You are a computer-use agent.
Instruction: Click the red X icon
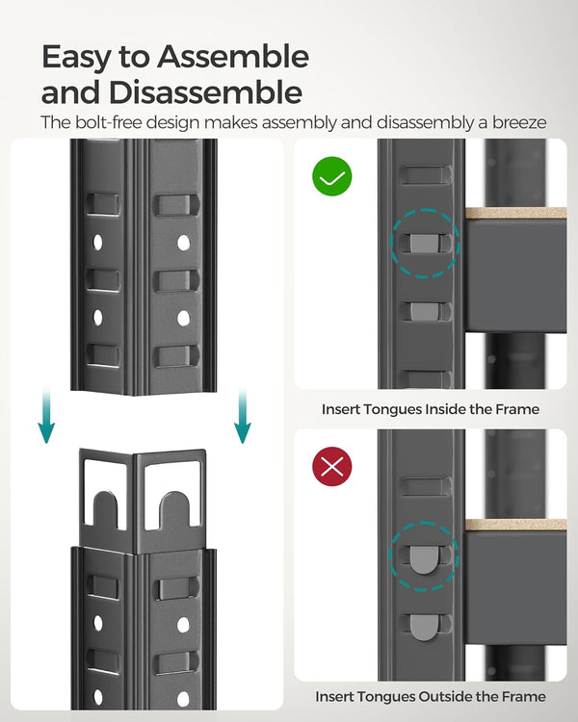coord(332,467)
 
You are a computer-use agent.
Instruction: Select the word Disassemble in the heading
coord(207,93)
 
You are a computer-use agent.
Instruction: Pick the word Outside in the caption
coord(442,696)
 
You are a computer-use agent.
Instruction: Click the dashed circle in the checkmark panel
coord(425,242)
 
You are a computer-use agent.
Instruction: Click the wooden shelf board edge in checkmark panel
coord(515,213)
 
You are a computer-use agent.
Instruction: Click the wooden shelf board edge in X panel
coord(515,525)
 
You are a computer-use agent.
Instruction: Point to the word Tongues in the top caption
coord(392,409)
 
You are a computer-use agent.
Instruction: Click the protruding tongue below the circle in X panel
coord(424,623)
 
